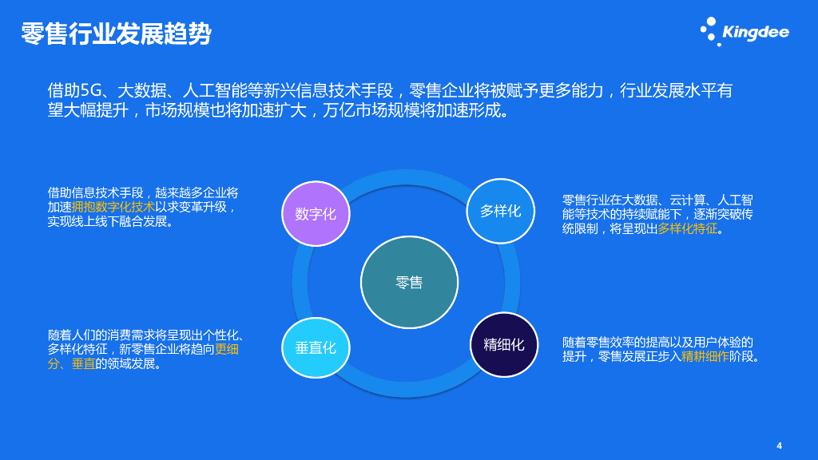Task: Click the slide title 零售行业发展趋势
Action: pyautogui.click(x=116, y=34)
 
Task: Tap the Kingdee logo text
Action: pyautogui.click(x=755, y=32)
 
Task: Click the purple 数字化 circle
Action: pyautogui.click(x=316, y=213)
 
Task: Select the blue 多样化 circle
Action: pyautogui.click(x=500, y=211)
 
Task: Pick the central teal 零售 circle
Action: pyautogui.click(x=409, y=282)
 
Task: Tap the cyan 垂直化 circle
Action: pyautogui.click(x=316, y=348)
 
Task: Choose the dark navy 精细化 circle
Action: pyautogui.click(x=503, y=344)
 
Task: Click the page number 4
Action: pyautogui.click(x=779, y=445)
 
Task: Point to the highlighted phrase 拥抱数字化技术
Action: pyautogui.click(x=113, y=207)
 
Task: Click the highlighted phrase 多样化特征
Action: pyautogui.click(x=688, y=229)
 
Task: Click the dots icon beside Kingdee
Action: pyautogui.click(x=709, y=30)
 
